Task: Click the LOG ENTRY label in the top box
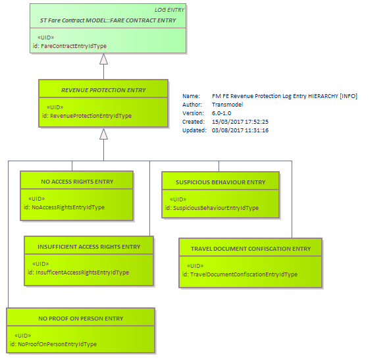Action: tap(169, 10)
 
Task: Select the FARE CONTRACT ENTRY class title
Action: tap(108, 20)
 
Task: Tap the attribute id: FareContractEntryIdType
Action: tap(70, 46)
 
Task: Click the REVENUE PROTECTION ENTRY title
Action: tap(103, 90)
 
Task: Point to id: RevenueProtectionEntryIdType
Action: tap(87, 116)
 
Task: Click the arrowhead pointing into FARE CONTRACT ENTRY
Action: tap(104, 59)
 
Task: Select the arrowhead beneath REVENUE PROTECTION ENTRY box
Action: tap(104, 134)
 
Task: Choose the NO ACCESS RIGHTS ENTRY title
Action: tap(77, 182)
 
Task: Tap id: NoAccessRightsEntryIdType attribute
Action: tap(65, 207)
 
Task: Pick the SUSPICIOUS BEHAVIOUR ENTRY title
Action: tap(220, 182)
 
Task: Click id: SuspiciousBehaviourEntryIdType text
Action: tap(212, 208)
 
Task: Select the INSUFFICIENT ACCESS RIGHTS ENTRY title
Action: tap(89, 247)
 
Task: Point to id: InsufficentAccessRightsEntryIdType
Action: tap(78, 272)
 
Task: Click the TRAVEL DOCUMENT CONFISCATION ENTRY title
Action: tap(251, 249)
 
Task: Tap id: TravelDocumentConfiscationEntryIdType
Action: tap(240, 274)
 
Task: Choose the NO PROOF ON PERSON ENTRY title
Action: tap(81, 319)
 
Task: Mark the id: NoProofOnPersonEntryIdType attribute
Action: tap(53, 344)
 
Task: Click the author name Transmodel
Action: tap(228, 105)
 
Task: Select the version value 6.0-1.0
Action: tap(222, 113)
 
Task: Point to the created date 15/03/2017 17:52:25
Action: tap(240, 122)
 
